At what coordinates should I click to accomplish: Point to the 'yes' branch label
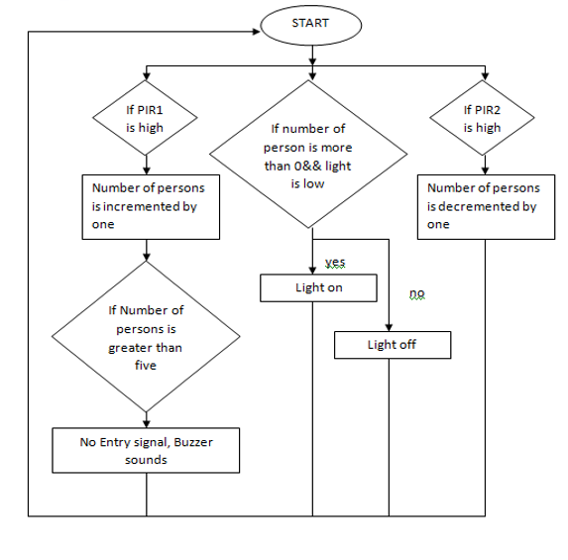tap(335, 263)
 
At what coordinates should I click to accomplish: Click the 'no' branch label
tap(417, 293)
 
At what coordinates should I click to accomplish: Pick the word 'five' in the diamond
tap(146, 365)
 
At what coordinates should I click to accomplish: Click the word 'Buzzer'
tap(193, 442)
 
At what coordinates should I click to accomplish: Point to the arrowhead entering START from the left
tap(257, 32)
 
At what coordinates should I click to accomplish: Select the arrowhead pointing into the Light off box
tap(389, 327)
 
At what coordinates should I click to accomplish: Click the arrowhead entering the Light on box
tap(312, 271)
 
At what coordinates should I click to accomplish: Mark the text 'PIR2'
tap(488, 110)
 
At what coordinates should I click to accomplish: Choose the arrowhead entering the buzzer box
tap(146, 424)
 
